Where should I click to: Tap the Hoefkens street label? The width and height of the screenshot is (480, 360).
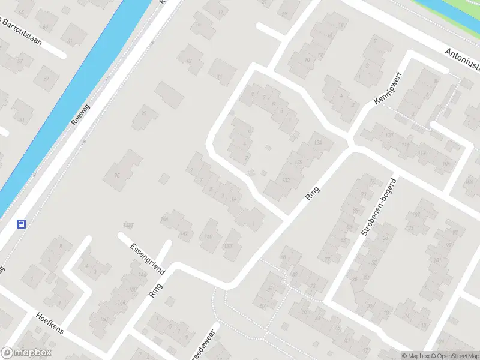pos(50,323)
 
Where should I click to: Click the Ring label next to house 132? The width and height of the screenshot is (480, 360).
pos(313,193)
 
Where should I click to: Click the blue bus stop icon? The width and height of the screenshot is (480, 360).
pos(22,224)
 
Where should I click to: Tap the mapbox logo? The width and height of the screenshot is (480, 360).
pos(26,353)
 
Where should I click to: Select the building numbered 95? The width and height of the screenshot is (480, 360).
pos(116,176)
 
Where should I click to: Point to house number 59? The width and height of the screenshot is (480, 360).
pos(45,79)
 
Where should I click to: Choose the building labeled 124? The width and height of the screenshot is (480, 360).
pos(318,142)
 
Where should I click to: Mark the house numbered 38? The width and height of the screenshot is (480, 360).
pos(385,238)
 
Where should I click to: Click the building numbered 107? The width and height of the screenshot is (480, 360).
pos(416,215)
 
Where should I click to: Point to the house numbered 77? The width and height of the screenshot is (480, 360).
pos(327,259)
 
